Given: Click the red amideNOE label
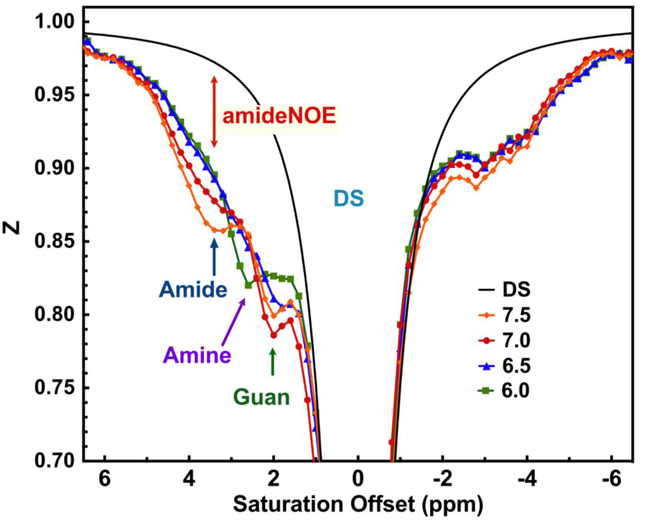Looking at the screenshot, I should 279,116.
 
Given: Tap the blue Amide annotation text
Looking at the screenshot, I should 193,290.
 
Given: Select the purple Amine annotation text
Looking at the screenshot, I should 197,355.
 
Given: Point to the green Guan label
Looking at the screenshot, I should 261,397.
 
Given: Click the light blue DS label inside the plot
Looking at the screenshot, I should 349,198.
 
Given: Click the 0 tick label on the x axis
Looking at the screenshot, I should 358,480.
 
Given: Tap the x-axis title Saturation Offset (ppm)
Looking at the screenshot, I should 358,504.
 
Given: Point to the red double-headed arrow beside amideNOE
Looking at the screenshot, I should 214,111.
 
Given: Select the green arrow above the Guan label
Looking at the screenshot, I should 273,362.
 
